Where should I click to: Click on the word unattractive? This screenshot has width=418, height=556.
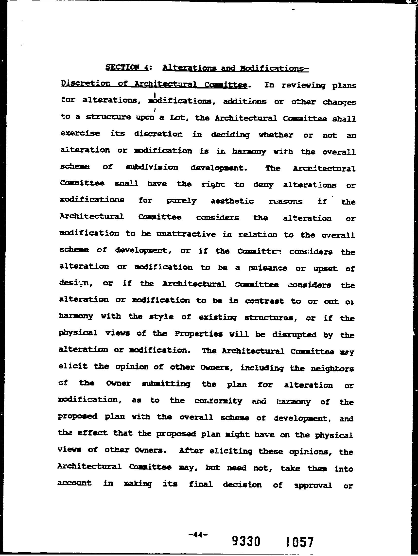point(186,234)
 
